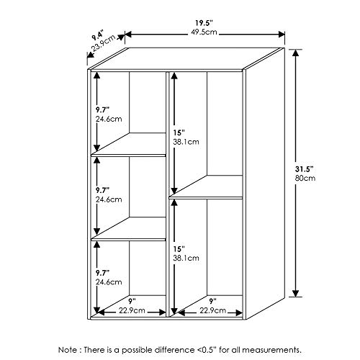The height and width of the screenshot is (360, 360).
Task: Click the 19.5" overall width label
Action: tap(204, 23)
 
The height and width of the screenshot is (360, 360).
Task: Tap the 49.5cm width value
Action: tap(204, 32)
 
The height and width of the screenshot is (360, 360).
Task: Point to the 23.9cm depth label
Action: tap(104, 43)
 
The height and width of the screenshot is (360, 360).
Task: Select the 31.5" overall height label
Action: tap(305, 169)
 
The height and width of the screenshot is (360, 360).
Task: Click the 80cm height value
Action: tap(305, 178)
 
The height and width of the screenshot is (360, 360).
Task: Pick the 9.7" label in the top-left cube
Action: tap(103, 110)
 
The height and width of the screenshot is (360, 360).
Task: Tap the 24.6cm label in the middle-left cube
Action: tap(109, 199)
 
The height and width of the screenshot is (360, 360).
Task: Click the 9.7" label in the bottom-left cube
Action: tap(103, 273)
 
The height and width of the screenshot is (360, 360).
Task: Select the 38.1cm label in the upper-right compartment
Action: tap(186, 142)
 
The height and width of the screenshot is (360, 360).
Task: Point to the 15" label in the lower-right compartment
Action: tap(179, 249)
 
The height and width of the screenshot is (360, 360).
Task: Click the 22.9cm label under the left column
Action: tap(132, 310)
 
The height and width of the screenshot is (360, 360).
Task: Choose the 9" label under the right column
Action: tap(212, 300)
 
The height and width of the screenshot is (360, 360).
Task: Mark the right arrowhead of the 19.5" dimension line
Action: tap(282, 35)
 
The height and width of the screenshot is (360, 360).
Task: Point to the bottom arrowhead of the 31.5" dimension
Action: tap(296, 293)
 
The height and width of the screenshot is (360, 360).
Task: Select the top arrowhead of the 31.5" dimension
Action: tap(296, 53)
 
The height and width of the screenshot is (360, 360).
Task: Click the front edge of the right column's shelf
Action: tap(206, 198)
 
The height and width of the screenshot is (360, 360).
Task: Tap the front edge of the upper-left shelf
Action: tap(128, 156)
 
